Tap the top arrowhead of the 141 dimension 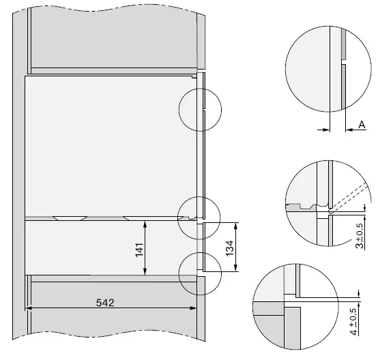(x=144, y=223)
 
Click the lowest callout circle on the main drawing (x=199, y=273)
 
